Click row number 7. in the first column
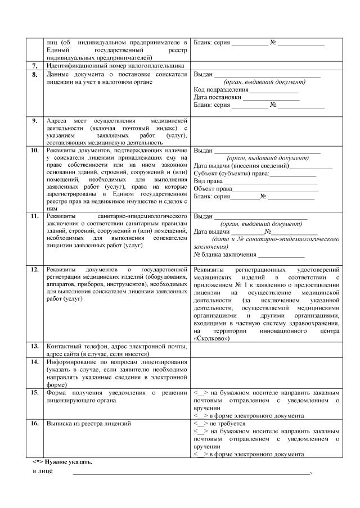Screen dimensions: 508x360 (34, 66)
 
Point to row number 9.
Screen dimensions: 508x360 (34, 121)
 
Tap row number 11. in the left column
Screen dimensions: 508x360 (34, 216)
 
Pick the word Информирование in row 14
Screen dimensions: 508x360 (73, 362)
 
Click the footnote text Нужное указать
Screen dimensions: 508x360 (70, 461)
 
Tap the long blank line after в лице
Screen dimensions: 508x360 (191, 473)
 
